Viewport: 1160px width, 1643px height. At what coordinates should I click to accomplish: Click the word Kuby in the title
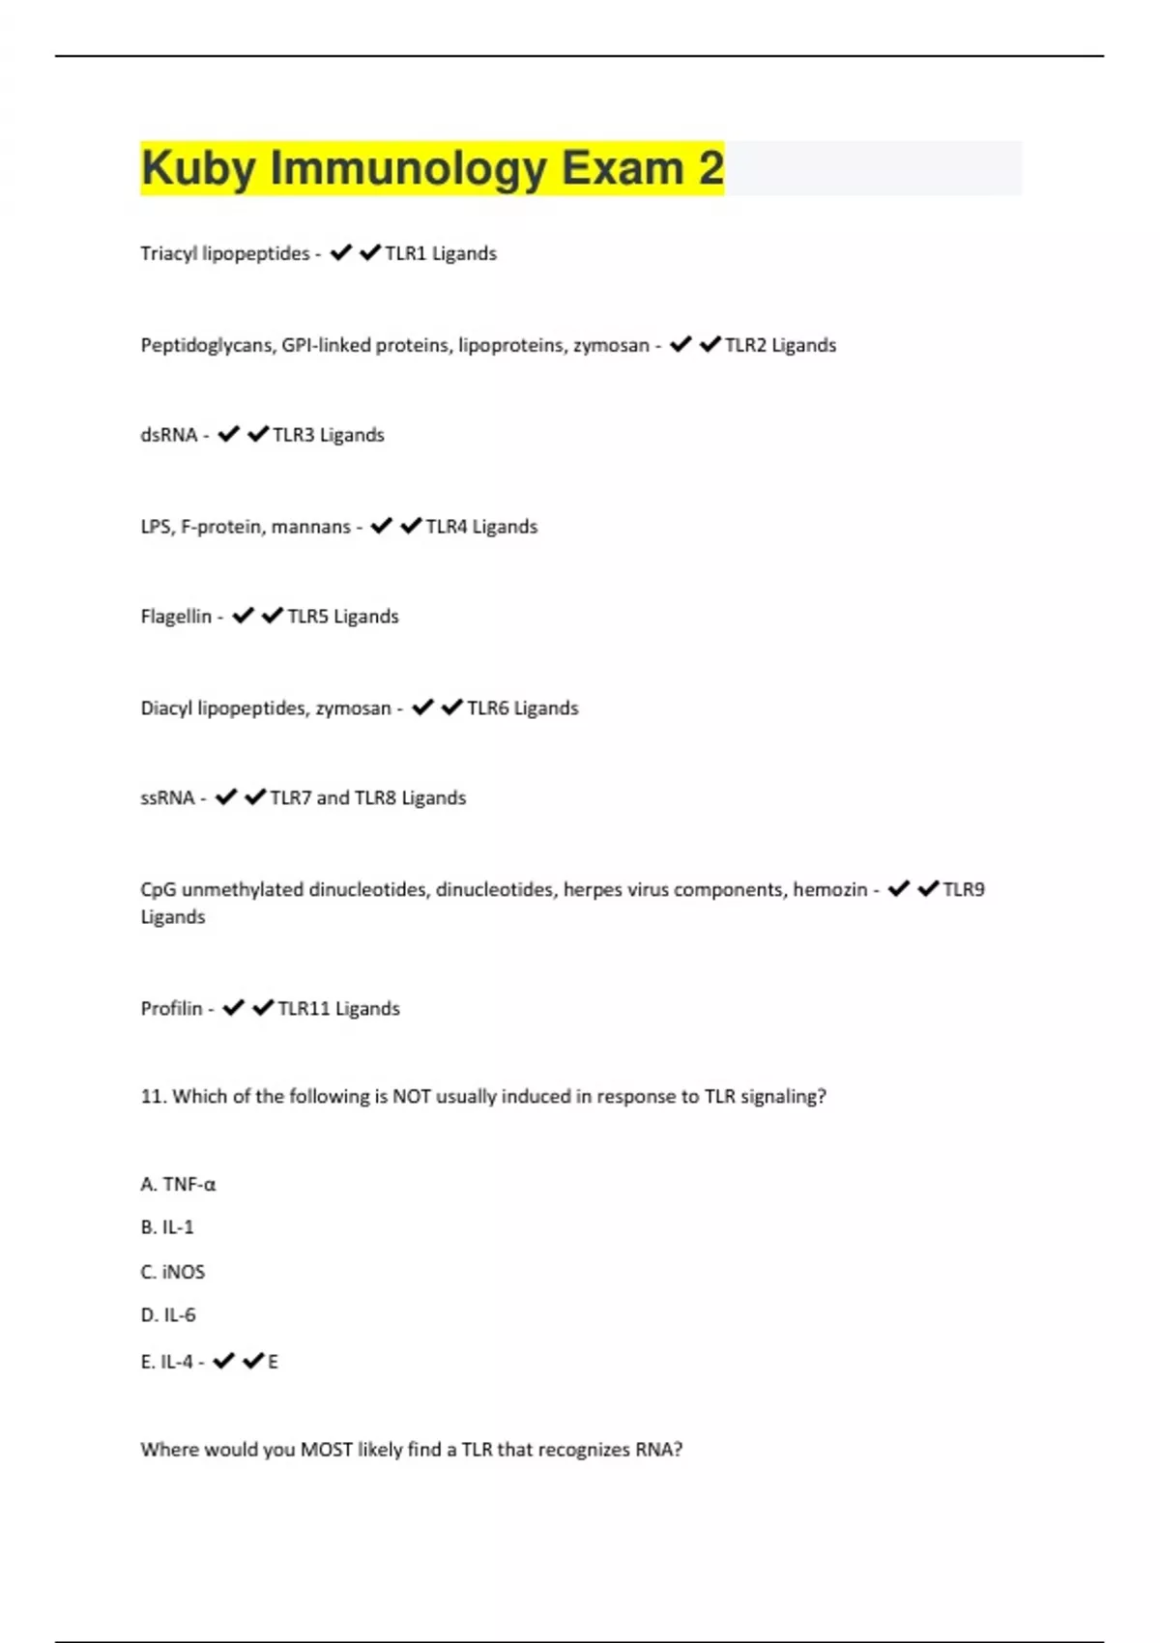(x=197, y=169)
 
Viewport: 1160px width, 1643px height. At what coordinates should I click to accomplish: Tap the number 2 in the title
(x=710, y=168)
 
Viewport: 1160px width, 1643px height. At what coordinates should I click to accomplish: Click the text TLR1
(x=405, y=253)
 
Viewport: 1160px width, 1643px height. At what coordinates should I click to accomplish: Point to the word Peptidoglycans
(x=207, y=345)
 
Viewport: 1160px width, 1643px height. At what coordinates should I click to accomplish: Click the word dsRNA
(x=168, y=435)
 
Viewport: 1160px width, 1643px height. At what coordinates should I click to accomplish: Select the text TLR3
(x=293, y=435)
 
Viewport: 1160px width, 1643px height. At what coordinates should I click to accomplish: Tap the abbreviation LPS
(x=156, y=527)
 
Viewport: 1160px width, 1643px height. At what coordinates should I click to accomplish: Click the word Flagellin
(x=175, y=617)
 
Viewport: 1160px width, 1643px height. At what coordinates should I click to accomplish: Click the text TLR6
(x=487, y=708)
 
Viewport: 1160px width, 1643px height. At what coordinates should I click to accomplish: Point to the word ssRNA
(x=167, y=798)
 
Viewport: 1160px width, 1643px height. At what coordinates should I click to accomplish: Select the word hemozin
(x=829, y=889)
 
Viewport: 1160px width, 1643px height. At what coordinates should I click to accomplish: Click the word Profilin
(x=171, y=1009)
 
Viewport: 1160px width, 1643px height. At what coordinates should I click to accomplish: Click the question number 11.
(x=153, y=1097)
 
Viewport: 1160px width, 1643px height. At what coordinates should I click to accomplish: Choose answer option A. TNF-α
(x=178, y=1184)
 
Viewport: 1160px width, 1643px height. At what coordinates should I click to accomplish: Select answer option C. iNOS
(x=172, y=1272)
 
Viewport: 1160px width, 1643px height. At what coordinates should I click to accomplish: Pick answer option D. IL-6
(x=168, y=1314)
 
